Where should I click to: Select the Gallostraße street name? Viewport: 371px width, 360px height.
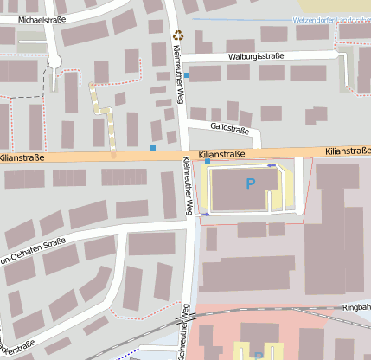point(230,131)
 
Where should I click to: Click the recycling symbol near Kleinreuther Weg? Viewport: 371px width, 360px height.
point(179,35)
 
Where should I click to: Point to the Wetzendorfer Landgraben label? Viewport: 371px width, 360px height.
point(319,18)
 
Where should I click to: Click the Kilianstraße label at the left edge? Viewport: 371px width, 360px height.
point(22,158)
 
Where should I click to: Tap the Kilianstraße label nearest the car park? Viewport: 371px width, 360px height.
point(223,156)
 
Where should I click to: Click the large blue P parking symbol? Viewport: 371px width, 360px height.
point(252,183)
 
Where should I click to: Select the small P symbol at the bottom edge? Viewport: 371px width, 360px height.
point(258,355)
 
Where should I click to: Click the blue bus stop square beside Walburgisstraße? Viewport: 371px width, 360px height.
point(187,76)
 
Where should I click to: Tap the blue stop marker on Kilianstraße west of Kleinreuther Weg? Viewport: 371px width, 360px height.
point(153,149)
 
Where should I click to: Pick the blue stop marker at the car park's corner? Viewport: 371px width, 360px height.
point(208,162)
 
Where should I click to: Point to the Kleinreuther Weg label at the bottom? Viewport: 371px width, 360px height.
point(183,333)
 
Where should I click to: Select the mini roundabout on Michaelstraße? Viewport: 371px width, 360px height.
point(55,60)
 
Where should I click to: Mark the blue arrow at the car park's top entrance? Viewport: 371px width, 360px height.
point(272,164)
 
